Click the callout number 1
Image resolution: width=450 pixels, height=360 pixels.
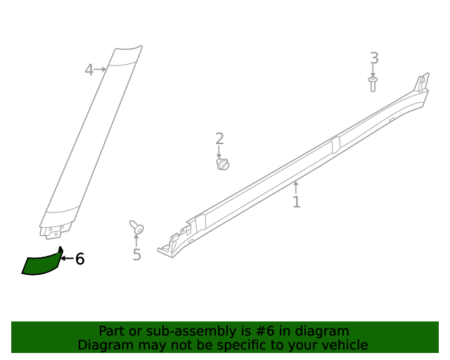coord(297,202)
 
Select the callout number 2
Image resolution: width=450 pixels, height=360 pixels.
coord(219,139)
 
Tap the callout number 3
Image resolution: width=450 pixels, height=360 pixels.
coord(374,58)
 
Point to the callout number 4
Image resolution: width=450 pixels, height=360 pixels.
coord(89,70)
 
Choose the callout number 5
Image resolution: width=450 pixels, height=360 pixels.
coord(137,255)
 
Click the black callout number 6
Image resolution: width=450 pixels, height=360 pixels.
coord(80,259)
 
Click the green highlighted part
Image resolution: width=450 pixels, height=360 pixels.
coord(42,264)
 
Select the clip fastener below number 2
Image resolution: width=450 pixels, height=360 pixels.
coord(223,164)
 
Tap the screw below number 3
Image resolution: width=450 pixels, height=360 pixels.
coord(373,84)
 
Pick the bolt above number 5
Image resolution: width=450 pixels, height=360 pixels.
coord(137,228)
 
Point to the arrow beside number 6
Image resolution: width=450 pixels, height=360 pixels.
coord(67,259)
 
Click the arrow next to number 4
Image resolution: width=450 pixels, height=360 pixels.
coord(101,70)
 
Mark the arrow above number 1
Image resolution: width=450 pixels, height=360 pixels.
coord(296,186)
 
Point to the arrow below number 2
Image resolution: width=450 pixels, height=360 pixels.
coord(219,152)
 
